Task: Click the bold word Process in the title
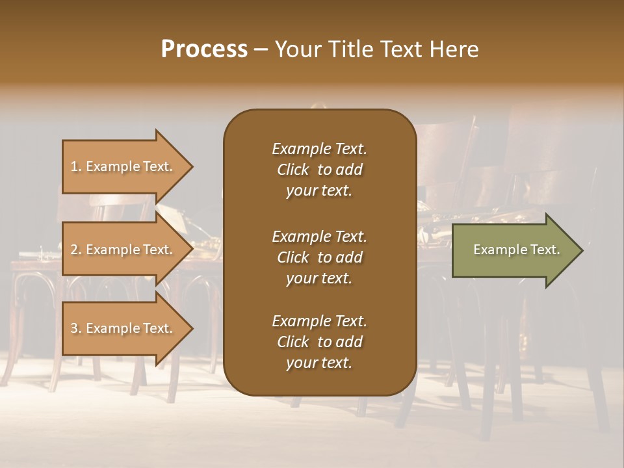pos(204,49)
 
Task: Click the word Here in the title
pos(453,49)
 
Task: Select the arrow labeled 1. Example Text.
pos(123,166)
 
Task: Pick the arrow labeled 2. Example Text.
pos(123,250)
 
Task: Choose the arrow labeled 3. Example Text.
pos(123,328)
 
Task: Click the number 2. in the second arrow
pos(76,250)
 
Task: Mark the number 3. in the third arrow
pos(76,329)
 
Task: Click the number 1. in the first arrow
pos(76,167)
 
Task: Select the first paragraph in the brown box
pos(319,170)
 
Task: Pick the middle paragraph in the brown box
pos(319,257)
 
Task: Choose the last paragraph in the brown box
pos(319,342)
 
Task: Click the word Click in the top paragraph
pos(293,170)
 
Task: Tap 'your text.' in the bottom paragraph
pos(319,363)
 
